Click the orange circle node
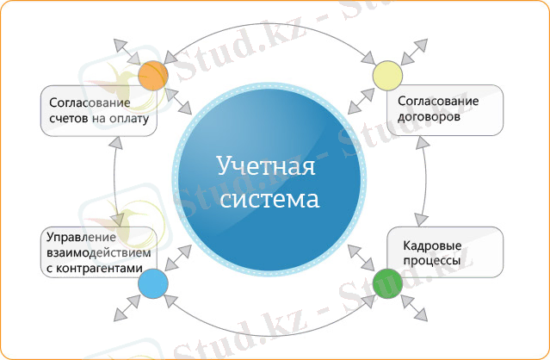click(152, 76)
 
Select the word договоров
click(429, 117)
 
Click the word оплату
click(129, 117)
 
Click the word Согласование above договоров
click(438, 102)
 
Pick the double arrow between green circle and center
click(361, 256)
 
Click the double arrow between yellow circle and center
click(360, 101)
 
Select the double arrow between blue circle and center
click(180, 256)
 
